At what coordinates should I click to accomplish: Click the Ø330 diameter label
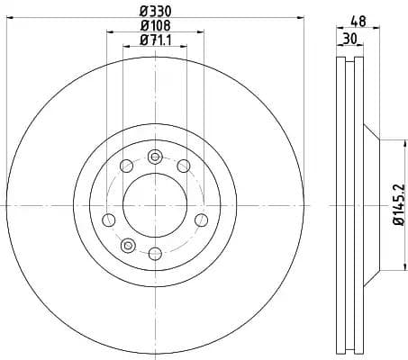155,12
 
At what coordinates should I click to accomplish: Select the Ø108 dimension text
155,25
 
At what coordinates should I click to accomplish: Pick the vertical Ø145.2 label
397,203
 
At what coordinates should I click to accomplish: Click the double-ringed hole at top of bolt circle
155,157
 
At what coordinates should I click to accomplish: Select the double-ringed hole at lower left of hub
127,244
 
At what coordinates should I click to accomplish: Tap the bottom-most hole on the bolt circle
155,254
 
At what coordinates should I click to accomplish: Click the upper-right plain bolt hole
183,166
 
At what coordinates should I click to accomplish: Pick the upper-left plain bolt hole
126,166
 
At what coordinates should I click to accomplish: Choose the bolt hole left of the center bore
109,219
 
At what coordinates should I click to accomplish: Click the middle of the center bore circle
155,205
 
